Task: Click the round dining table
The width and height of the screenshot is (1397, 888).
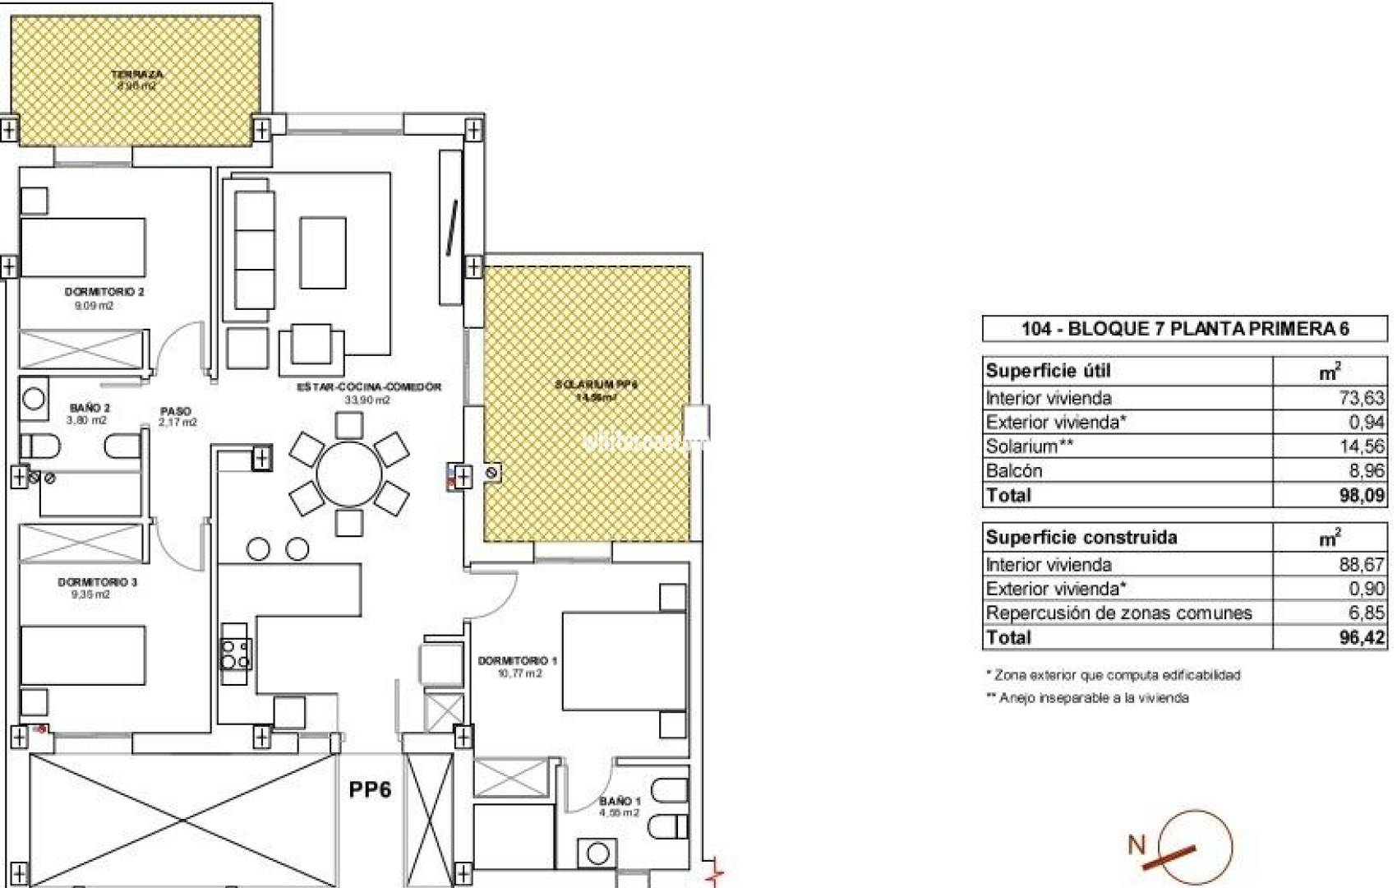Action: pyautogui.click(x=349, y=474)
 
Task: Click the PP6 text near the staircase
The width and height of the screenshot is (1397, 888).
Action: pyautogui.click(x=370, y=789)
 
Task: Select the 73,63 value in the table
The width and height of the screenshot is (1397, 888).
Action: pyautogui.click(x=1361, y=398)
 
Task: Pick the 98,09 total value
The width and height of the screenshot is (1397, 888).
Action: pyautogui.click(x=1361, y=495)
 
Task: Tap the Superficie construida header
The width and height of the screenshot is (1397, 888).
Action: pyautogui.click(x=1081, y=538)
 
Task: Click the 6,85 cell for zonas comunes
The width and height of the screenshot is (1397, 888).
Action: pyautogui.click(x=1366, y=613)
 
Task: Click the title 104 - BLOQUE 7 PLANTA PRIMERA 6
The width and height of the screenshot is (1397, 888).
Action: pyautogui.click(x=1184, y=329)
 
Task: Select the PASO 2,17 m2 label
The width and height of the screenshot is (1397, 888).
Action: pyautogui.click(x=177, y=416)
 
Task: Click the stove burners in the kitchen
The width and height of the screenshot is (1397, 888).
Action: pyautogui.click(x=234, y=654)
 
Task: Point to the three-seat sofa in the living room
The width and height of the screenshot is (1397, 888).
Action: pyautogui.click(x=254, y=249)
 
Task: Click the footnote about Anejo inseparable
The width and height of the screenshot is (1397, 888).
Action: pyautogui.click(x=1086, y=698)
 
